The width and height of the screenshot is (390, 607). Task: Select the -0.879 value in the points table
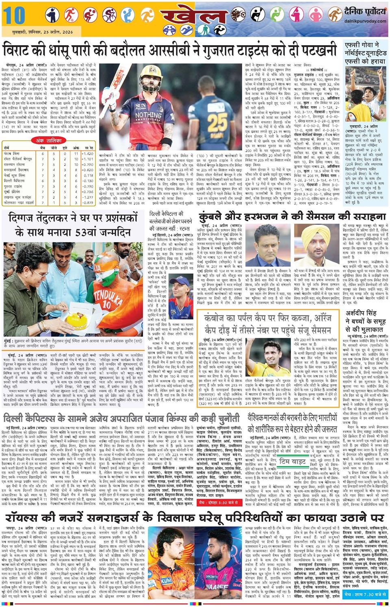[87, 202]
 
